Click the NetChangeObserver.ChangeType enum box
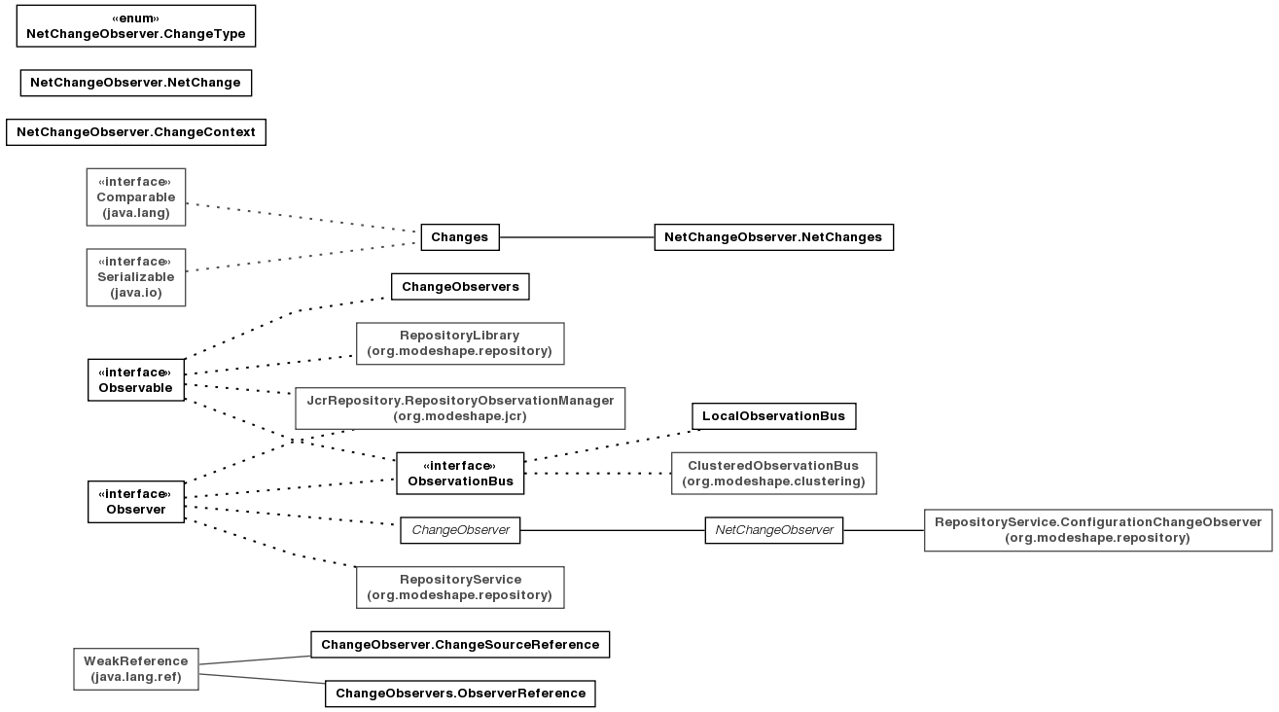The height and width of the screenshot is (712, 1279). [x=136, y=26]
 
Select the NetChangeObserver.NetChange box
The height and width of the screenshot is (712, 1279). [x=136, y=83]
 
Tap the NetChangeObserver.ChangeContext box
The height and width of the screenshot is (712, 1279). [x=136, y=132]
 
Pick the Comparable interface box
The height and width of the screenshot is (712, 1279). [x=136, y=197]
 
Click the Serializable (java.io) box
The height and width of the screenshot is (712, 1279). [x=136, y=277]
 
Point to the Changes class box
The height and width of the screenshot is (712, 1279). [x=460, y=237]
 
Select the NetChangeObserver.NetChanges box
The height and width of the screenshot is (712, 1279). [x=773, y=237]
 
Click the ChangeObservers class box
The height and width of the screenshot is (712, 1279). [x=460, y=287]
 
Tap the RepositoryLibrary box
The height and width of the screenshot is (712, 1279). [x=460, y=343]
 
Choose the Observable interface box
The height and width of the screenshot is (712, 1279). [x=136, y=379]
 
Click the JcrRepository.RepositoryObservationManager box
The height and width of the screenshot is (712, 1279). [x=460, y=409]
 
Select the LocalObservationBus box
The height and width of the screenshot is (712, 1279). [x=773, y=416]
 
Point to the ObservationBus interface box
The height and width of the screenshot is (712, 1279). [x=460, y=474]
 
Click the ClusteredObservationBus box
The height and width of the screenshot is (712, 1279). [x=773, y=474]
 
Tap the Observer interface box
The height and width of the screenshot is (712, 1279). [x=136, y=501]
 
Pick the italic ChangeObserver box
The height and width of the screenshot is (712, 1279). [x=460, y=530]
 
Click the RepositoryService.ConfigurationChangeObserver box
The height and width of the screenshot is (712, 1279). [x=1098, y=530]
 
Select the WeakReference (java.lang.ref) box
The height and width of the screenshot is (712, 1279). [x=136, y=668]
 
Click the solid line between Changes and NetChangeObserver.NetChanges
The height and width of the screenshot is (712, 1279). [x=577, y=237]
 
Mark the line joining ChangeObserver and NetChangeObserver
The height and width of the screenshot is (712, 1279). [x=613, y=530]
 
